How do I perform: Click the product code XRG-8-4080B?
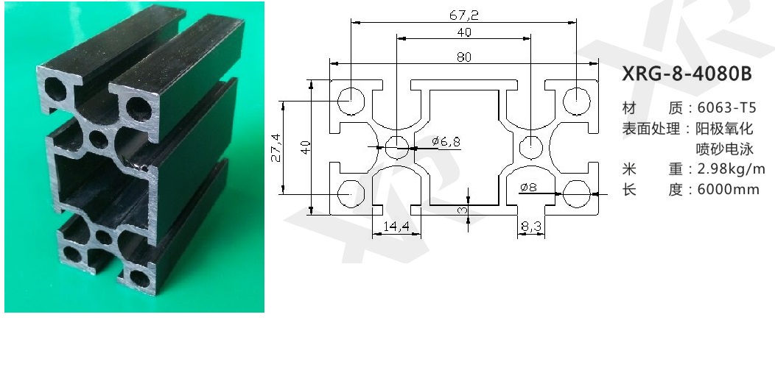[x=687, y=74]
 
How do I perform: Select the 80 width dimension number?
[x=464, y=57]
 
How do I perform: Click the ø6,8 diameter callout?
[x=446, y=142]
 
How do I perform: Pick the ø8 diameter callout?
[x=528, y=187]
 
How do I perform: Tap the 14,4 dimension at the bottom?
[x=396, y=227]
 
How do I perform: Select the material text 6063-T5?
[x=726, y=107]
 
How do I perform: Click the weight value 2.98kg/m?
[x=731, y=169]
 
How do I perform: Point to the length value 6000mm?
[x=728, y=190]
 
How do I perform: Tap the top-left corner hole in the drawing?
[x=351, y=101]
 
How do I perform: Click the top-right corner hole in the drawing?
[x=577, y=101]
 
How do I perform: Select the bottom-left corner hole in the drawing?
[x=351, y=194]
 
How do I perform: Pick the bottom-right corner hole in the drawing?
[x=577, y=194]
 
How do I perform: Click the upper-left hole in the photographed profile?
[x=55, y=89]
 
